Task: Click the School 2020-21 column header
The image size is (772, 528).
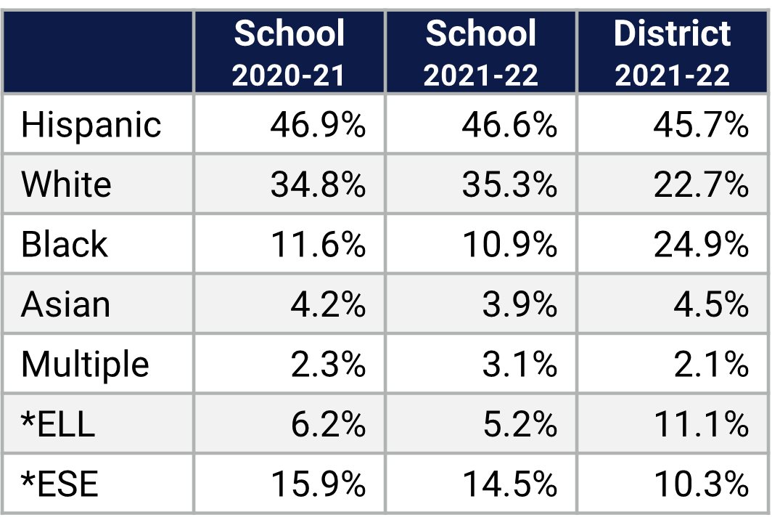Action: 289,52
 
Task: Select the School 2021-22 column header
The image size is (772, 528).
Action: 481,52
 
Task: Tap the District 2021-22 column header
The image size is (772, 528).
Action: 673,52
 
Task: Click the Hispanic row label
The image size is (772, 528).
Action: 91,125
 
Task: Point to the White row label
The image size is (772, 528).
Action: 66,184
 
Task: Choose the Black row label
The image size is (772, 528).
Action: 64,244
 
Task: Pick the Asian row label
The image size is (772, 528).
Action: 65,304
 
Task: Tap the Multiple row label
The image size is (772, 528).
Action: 85,364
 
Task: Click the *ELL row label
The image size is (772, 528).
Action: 58,424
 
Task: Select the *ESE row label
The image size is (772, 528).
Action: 59,484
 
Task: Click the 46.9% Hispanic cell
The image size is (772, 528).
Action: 318,125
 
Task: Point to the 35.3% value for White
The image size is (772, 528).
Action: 509,184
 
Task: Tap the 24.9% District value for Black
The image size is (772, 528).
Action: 701,244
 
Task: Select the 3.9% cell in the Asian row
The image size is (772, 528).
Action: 520,304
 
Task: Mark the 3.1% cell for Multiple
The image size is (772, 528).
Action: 520,364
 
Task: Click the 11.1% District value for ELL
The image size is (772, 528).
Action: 701,424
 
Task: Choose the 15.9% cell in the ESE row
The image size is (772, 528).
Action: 318,484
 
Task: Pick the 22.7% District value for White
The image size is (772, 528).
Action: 701,184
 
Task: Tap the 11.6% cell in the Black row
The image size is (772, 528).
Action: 318,244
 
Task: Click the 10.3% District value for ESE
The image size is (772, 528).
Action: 701,484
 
